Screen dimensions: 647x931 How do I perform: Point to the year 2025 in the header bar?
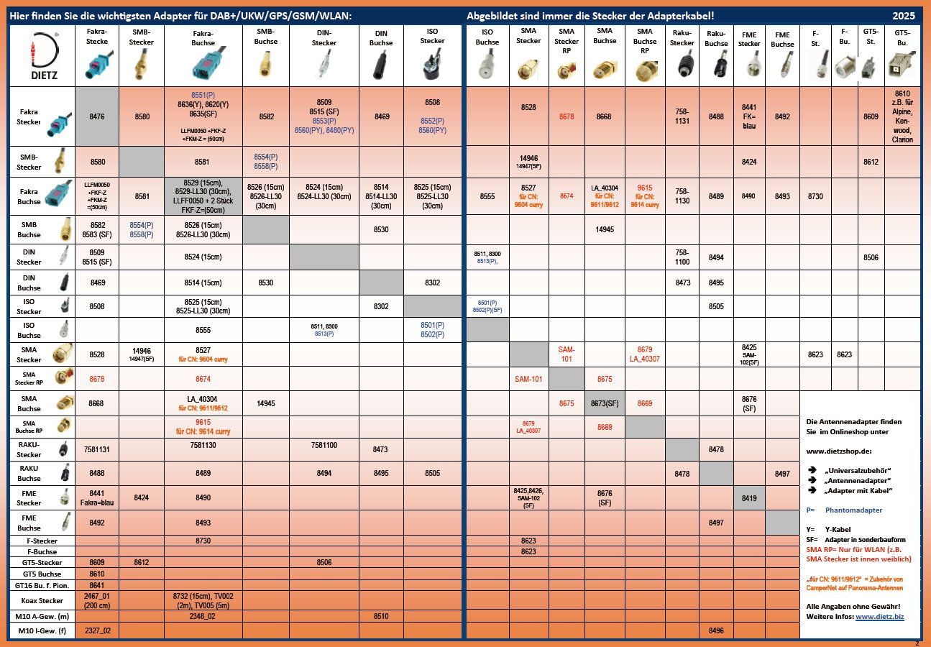point(904,15)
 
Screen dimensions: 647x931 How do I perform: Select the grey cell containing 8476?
point(97,116)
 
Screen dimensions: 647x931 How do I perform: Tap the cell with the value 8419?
point(748,497)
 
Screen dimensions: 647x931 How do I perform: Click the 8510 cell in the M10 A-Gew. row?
point(381,616)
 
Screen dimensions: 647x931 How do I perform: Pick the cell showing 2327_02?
point(97,630)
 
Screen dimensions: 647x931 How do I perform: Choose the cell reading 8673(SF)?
point(605,403)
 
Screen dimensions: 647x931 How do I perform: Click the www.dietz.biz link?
point(879,617)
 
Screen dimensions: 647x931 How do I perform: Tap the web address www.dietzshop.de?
point(838,451)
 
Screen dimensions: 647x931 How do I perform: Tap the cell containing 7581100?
point(324,446)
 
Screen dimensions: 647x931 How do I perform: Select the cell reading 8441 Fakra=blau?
point(97,497)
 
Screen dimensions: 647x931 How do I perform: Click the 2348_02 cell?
point(203,616)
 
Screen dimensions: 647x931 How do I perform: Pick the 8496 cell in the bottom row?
point(716,630)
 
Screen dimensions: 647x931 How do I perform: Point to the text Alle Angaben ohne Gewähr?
point(852,607)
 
